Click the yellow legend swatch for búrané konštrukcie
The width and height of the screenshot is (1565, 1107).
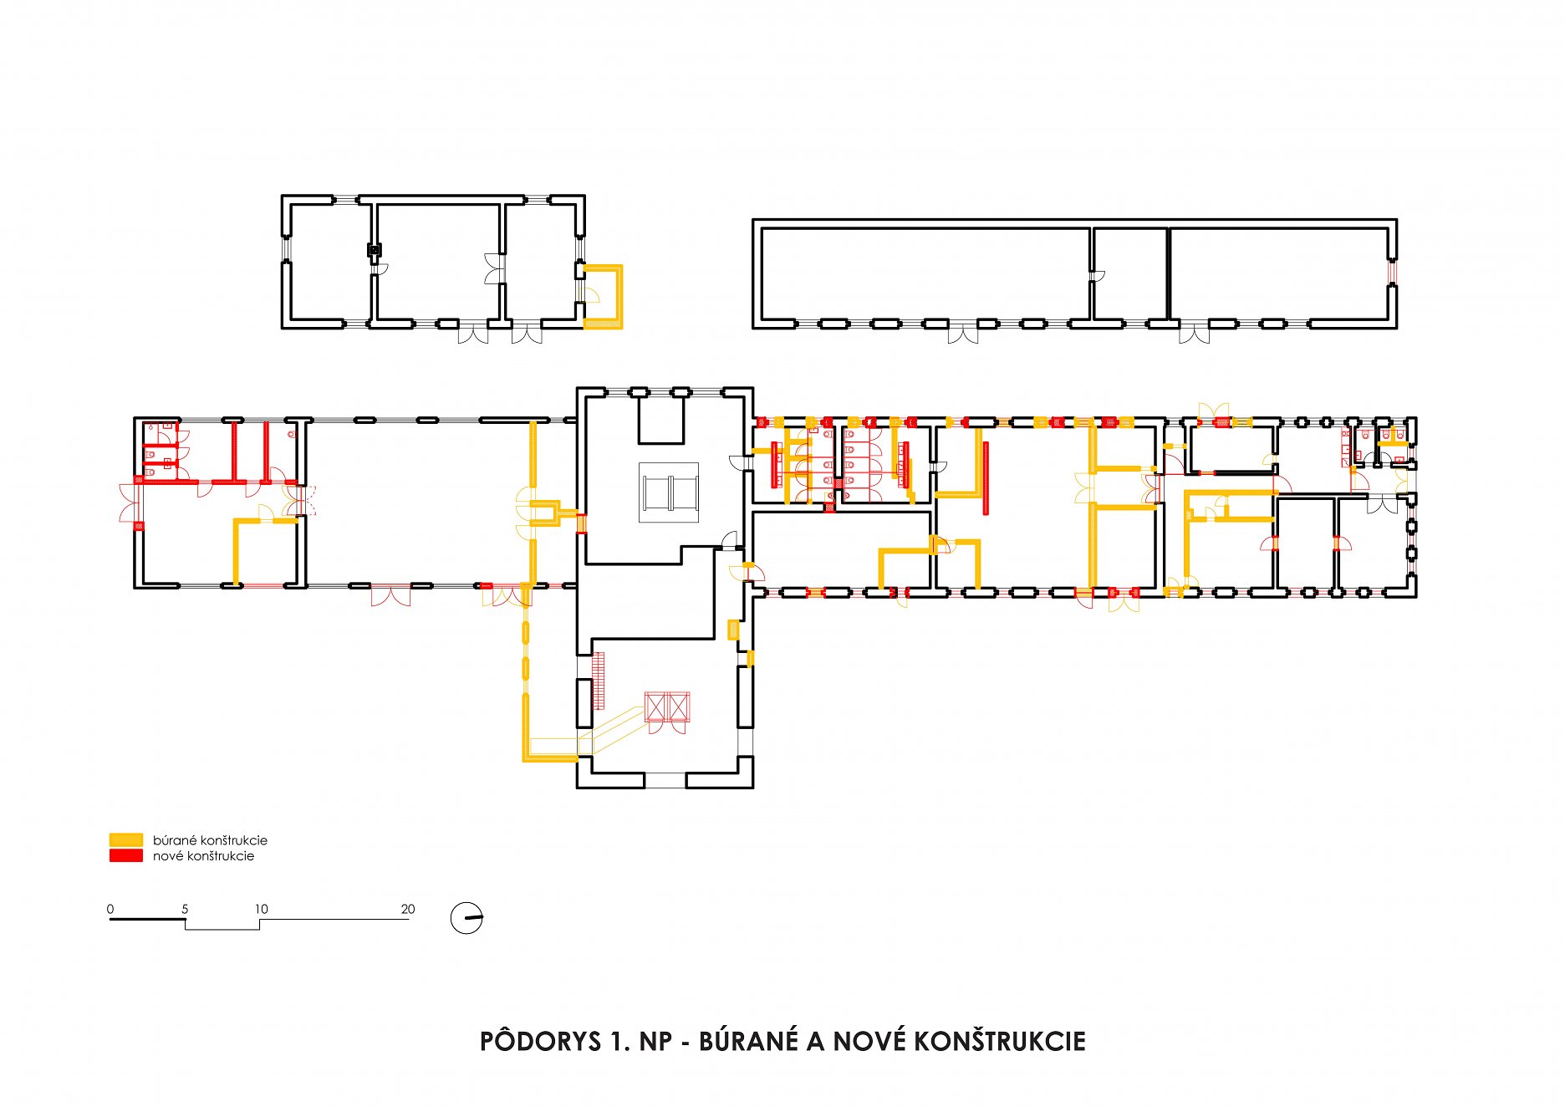click(125, 839)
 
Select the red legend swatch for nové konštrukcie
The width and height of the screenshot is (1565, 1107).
click(125, 855)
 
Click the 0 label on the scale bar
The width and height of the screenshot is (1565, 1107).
click(110, 909)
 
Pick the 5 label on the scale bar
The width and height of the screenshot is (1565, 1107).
click(185, 909)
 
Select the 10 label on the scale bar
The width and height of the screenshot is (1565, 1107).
click(261, 909)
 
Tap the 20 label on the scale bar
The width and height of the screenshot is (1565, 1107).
click(408, 909)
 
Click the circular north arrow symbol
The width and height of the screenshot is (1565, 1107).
click(466, 918)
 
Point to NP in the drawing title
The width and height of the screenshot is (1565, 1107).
click(655, 1042)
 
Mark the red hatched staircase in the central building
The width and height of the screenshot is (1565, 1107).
click(598, 681)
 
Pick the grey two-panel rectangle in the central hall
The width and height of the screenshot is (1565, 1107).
click(669, 492)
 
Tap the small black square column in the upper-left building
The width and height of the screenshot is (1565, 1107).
click(375, 249)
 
